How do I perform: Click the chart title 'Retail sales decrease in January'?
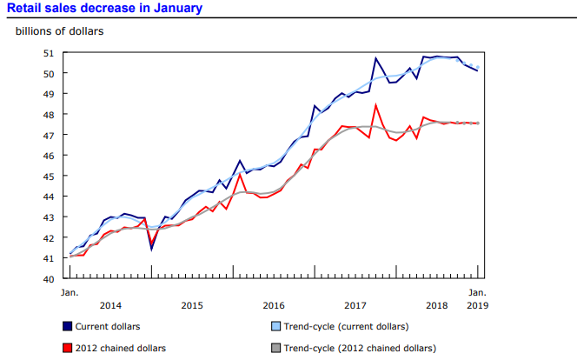(x=104, y=9)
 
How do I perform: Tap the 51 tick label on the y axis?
(x=50, y=53)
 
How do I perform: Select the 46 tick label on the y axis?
(x=50, y=156)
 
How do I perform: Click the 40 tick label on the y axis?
(x=50, y=279)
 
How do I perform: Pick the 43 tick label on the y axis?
(x=50, y=217)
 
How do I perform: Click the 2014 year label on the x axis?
(x=110, y=305)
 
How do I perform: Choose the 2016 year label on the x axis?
(x=274, y=305)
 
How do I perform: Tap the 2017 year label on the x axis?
(x=355, y=305)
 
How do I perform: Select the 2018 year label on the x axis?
(x=437, y=305)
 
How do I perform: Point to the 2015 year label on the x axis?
(x=192, y=305)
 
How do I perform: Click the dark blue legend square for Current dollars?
(x=66, y=327)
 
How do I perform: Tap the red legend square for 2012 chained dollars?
(x=66, y=348)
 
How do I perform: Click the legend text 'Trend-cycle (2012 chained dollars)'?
(x=361, y=348)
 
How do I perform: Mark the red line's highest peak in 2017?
(x=375, y=105)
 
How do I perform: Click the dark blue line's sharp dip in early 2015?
(x=151, y=250)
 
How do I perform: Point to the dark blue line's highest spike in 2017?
(x=375, y=58)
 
